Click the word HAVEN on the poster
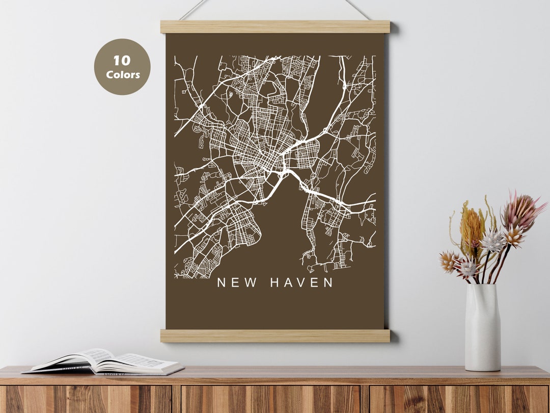click(x=301, y=282)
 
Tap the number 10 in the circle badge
click(x=122, y=61)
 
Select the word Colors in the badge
click(x=123, y=75)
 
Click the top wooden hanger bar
click(x=275, y=27)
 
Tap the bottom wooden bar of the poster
click(x=275, y=335)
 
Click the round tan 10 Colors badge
click(x=122, y=67)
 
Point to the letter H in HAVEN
click(x=274, y=282)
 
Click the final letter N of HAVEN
click(x=328, y=282)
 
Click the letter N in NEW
click(x=222, y=282)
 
